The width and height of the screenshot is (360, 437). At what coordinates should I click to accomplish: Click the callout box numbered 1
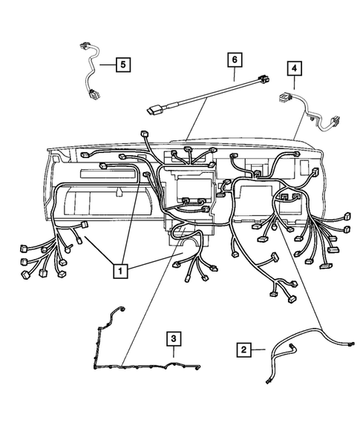[x=119, y=272]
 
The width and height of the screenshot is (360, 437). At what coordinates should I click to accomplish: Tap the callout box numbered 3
[x=172, y=338]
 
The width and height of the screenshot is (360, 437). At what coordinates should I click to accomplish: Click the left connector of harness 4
[x=283, y=96]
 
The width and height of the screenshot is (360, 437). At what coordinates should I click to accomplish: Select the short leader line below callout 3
[x=172, y=352]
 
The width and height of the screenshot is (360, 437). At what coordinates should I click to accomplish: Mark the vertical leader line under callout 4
[x=295, y=84]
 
